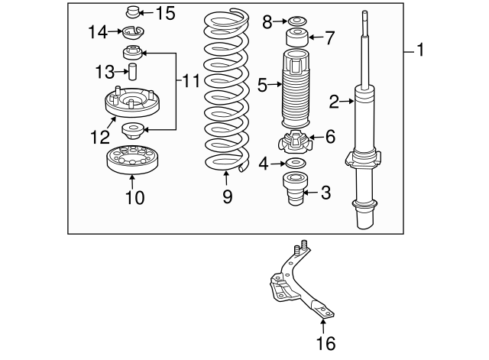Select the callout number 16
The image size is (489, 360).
point(325,344)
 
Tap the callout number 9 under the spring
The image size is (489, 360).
point(227,197)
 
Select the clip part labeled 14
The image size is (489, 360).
point(134,34)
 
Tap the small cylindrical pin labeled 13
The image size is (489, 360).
point(131,72)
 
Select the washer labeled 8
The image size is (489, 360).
point(296,21)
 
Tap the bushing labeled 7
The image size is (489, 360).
point(296,37)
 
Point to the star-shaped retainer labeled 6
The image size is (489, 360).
point(296,142)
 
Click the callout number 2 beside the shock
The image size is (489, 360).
point(333,100)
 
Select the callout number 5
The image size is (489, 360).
point(262,84)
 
